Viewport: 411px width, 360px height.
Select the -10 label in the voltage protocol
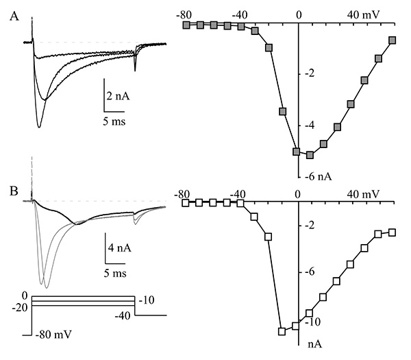[148, 301]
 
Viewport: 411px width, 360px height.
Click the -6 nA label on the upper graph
[319, 177]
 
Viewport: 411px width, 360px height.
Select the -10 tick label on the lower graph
[312, 322]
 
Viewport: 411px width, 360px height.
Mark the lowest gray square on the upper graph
[310, 156]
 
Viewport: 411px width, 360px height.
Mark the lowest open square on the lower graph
[282, 331]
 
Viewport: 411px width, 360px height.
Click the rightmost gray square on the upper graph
[393, 40]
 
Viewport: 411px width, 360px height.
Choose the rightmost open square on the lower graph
[393, 232]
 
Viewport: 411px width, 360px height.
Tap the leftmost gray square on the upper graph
[186, 25]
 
